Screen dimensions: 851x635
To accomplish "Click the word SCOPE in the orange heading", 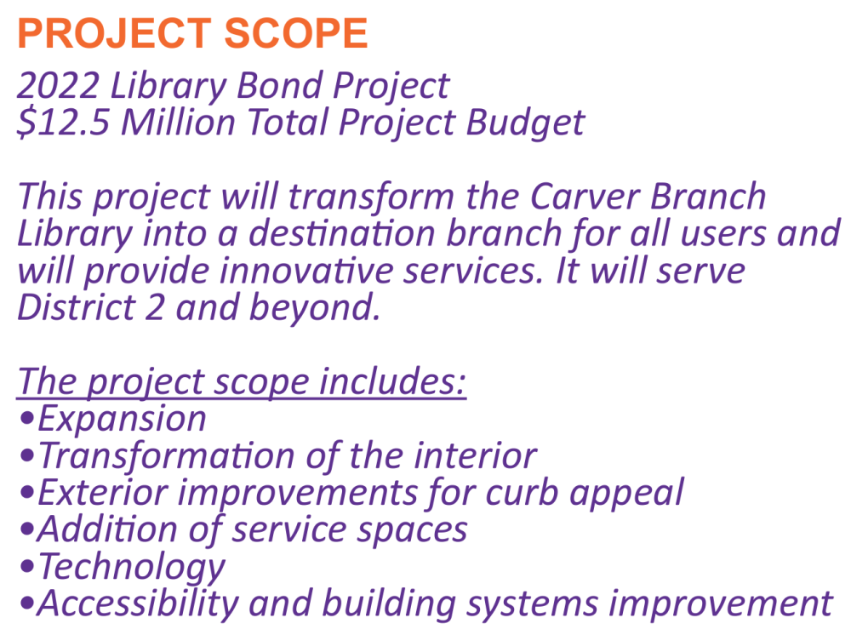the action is tap(296, 33).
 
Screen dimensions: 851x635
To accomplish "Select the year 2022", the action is tap(58, 86).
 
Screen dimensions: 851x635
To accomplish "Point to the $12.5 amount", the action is tap(64, 122).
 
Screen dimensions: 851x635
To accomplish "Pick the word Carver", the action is tap(585, 196).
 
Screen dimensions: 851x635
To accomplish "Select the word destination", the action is tap(342, 233).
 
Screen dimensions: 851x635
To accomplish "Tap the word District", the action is tap(76, 307).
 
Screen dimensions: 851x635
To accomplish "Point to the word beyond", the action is tap(315, 308).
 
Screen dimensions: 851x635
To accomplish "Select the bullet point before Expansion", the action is tap(26, 420).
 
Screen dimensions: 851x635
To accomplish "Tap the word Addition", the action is tap(107, 529).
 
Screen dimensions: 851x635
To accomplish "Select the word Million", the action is tap(178, 122).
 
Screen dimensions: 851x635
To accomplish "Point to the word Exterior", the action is tap(103, 492).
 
